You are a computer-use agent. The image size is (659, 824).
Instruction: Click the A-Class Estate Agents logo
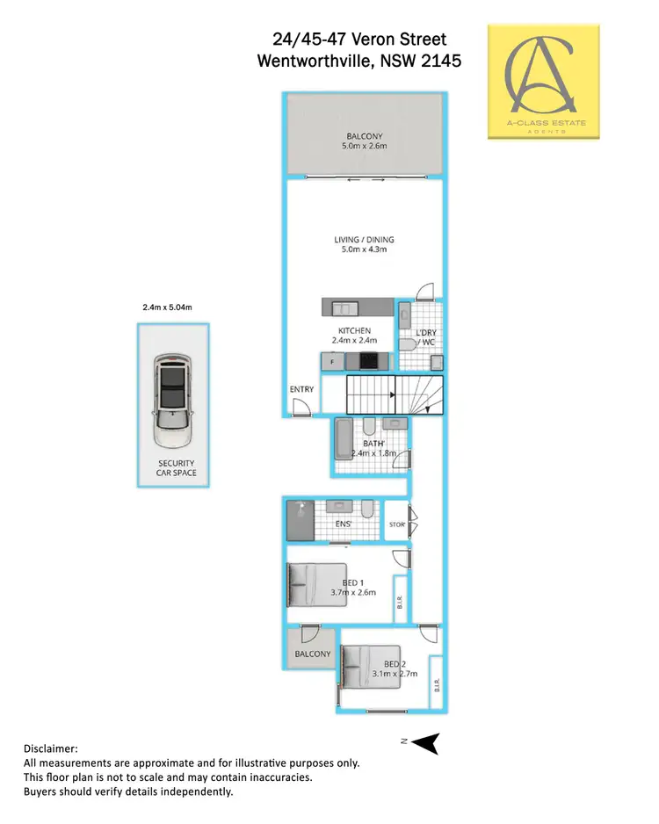click(544, 81)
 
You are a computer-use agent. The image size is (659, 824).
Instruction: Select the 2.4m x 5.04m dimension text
click(167, 307)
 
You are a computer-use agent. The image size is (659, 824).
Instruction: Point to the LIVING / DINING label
click(364, 240)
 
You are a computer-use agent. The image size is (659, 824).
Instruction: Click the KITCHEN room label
click(353, 331)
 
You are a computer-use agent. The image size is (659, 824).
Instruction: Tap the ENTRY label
click(301, 389)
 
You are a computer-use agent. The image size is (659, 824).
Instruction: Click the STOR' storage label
click(396, 525)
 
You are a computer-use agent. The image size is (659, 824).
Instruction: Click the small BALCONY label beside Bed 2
click(312, 654)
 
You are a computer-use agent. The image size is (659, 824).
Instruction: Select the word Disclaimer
click(50, 748)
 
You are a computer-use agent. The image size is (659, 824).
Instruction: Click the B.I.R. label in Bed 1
click(399, 604)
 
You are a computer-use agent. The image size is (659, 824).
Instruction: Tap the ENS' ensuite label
click(344, 524)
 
